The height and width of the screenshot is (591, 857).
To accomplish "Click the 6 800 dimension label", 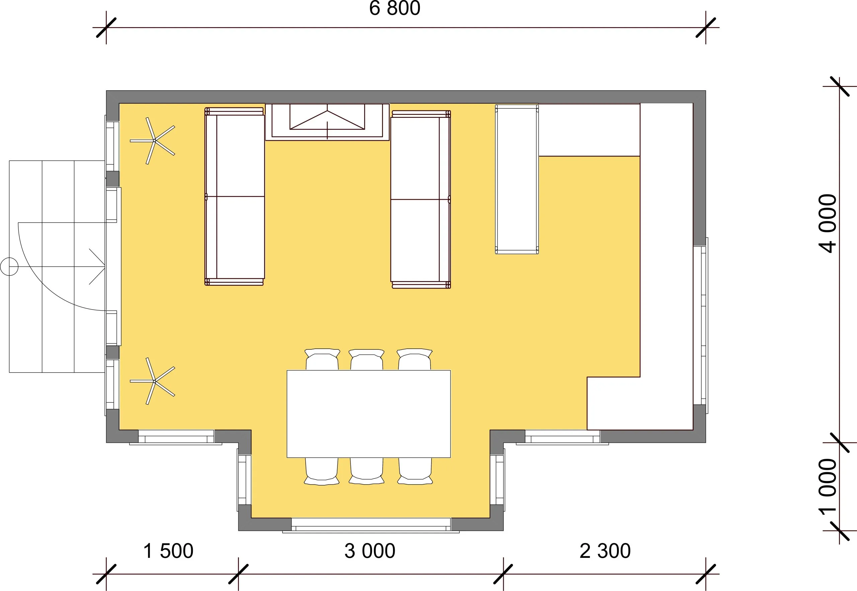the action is (x=395, y=8).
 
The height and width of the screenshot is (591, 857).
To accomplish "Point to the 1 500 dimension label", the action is (x=168, y=551).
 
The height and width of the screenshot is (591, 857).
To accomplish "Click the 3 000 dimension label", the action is (x=370, y=551).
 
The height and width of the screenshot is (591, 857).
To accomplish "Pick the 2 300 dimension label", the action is (x=605, y=551).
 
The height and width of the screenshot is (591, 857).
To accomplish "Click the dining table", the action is (x=369, y=414).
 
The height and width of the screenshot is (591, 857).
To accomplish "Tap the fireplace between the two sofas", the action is (x=327, y=122).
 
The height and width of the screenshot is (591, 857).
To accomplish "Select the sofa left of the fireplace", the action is (x=235, y=196).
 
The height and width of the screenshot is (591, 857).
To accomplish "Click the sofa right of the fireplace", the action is (x=421, y=199).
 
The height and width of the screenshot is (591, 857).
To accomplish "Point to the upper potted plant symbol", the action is (x=153, y=141).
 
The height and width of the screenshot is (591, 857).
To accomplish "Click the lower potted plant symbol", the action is (x=153, y=381).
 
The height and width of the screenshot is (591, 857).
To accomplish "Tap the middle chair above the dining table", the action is (x=367, y=359).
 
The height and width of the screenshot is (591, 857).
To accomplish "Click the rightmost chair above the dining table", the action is (x=415, y=359).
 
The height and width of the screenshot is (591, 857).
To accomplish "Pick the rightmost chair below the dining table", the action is (x=415, y=471).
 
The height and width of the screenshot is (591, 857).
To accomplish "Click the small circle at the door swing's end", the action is (x=9, y=267).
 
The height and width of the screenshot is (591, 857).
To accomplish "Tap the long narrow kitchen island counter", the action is (x=517, y=179).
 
